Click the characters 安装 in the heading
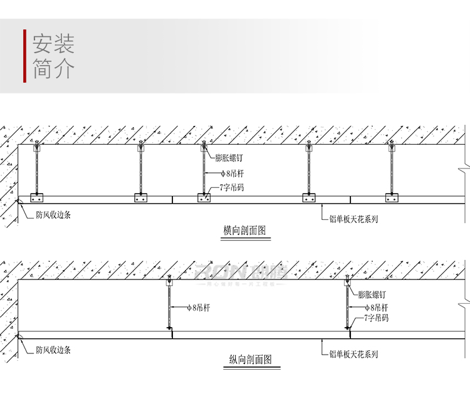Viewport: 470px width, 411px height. (53, 44)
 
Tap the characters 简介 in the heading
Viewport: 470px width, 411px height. (53, 68)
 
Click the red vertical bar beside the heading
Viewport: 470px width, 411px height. (24, 56)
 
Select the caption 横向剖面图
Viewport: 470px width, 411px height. (244, 231)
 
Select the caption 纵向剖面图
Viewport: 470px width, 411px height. (250, 360)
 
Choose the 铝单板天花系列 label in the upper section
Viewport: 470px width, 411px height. (353, 219)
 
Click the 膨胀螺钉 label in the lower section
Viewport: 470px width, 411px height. (372, 294)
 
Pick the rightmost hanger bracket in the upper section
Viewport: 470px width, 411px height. (392, 197)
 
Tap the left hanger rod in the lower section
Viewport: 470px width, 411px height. (169, 306)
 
